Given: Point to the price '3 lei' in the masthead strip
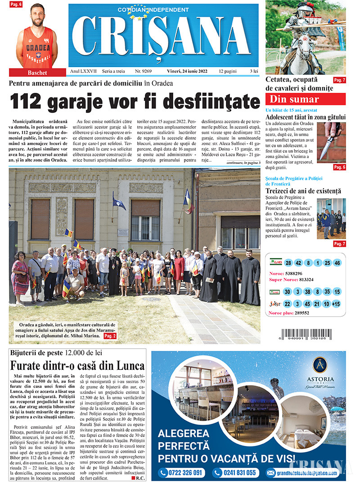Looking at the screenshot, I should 254,71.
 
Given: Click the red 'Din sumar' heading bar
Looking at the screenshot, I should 306,99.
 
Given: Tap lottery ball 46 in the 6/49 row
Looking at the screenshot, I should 337,263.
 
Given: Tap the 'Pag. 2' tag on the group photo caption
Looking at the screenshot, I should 110,336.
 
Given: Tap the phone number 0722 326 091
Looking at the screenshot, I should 182,473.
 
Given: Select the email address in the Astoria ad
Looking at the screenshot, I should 302,473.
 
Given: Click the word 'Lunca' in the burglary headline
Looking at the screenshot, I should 127,365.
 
